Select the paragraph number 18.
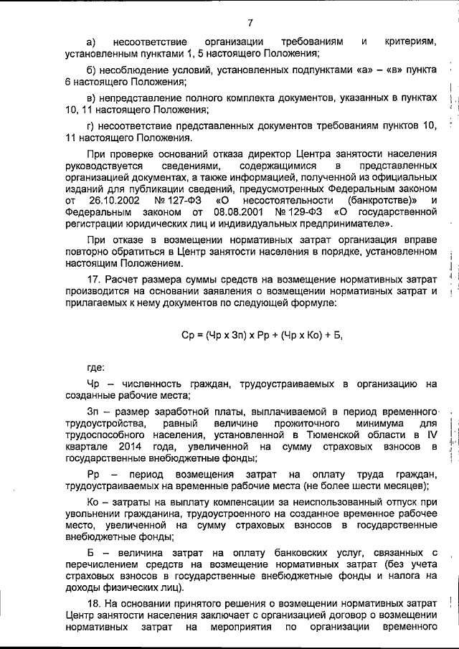(93, 602)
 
